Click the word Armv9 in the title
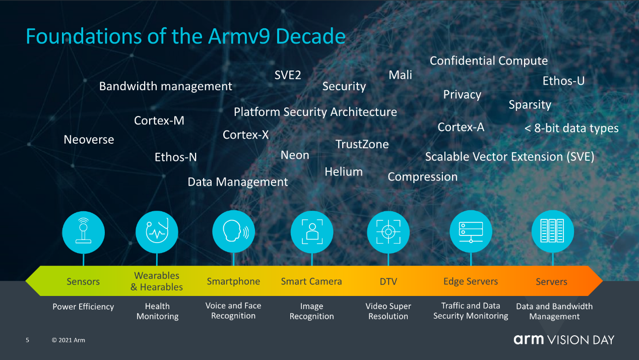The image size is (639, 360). [x=239, y=37]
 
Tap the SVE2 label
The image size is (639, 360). [x=288, y=75]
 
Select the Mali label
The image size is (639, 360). [x=400, y=75]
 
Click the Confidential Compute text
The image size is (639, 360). [x=489, y=61]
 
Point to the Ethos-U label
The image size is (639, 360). [x=563, y=81]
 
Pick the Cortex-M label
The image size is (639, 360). [x=159, y=121]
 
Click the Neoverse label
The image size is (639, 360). [x=89, y=140]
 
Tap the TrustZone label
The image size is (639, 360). [x=362, y=144]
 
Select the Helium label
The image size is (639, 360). [x=344, y=172]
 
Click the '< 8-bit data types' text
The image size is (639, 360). [x=571, y=128]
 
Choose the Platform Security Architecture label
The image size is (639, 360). [x=315, y=112]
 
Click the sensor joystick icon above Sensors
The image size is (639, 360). [x=83, y=232]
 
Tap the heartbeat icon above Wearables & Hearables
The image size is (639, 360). [x=157, y=232]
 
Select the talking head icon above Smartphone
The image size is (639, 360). [x=234, y=231]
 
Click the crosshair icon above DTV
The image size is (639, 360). [x=388, y=232]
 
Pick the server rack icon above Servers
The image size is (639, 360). [x=552, y=231]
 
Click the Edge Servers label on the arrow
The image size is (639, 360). [x=471, y=281]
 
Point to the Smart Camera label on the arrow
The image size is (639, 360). [x=311, y=281]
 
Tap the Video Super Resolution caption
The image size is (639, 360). [x=388, y=311]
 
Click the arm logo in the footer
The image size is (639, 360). [x=529, y=340]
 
